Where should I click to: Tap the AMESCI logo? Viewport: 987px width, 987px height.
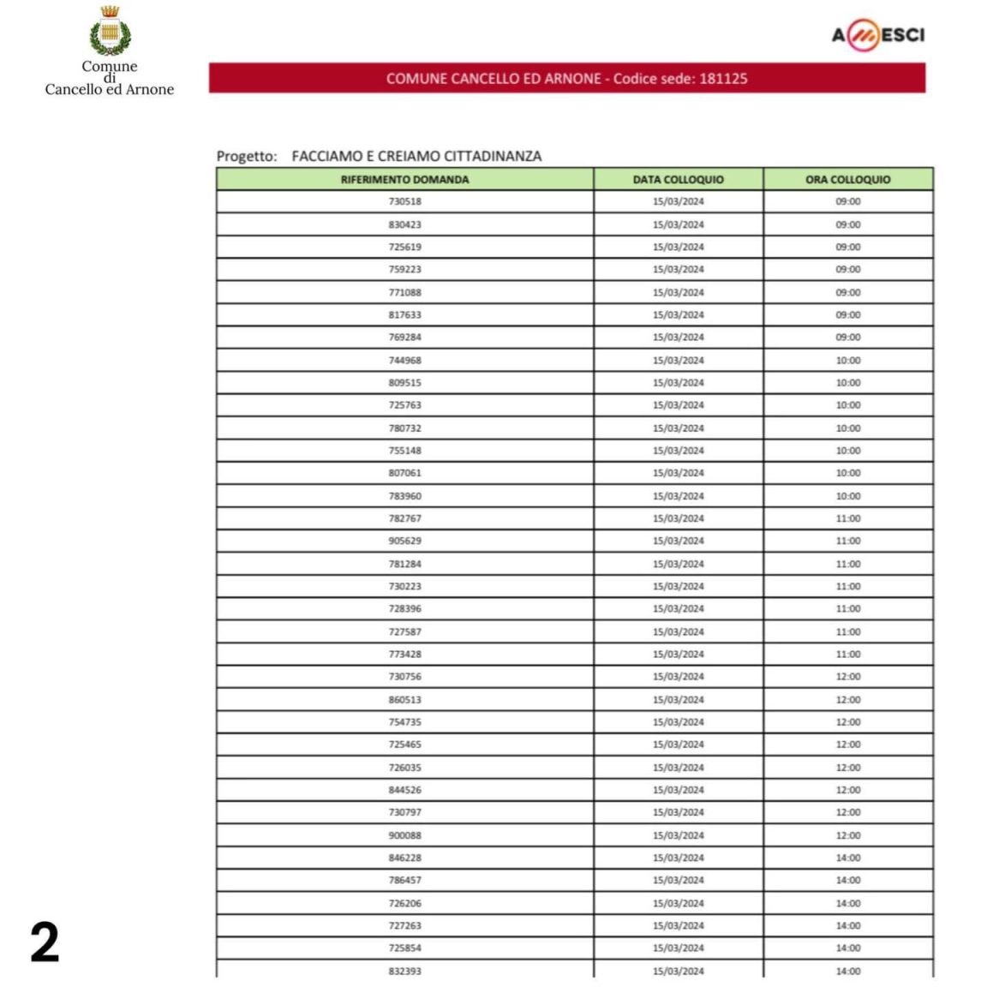(877, 35)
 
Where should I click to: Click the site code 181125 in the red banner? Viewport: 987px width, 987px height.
(723, 79)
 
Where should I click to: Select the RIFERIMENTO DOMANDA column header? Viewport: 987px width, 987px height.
(404, 180)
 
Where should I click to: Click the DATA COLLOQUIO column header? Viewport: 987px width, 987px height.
(678, 180)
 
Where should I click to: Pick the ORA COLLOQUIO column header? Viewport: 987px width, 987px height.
(847, 180)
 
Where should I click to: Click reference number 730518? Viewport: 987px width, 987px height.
(404, 202)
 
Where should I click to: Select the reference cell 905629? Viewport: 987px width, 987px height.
(404, 541)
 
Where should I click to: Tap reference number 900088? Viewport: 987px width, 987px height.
(404, 835)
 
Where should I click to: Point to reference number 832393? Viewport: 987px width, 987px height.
(404, 971)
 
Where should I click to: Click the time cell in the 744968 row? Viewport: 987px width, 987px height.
(847, 361)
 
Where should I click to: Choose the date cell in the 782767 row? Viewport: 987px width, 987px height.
(678, 518)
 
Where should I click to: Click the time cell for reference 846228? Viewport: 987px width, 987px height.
(847, 858)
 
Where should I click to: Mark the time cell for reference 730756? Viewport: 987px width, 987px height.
(847, 677)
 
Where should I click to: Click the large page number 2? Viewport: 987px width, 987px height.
(45, 942)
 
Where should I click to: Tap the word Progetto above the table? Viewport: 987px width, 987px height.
(246, 157)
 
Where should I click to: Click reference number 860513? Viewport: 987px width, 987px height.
(404, 700)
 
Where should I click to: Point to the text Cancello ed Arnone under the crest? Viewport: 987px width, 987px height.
(109, 90)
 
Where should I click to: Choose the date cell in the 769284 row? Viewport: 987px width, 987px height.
(678, 338)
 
